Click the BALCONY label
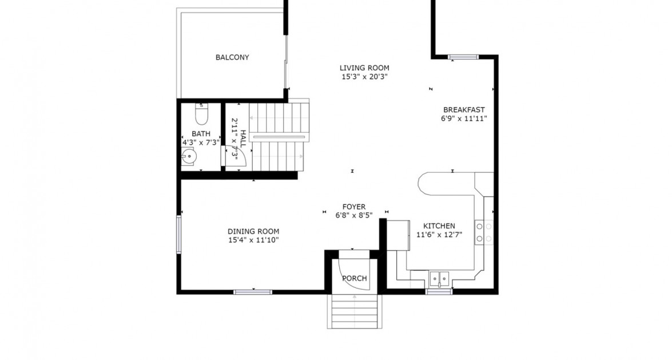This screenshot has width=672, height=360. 232,57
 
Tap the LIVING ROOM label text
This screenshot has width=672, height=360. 364,68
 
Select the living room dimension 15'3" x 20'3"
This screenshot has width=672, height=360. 364,77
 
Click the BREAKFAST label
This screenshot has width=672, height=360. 464,110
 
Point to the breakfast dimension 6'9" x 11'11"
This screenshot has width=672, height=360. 464,119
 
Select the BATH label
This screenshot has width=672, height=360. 201,134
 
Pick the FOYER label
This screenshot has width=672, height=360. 353,207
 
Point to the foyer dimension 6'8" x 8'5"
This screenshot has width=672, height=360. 353,216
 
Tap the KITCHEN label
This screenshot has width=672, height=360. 439,226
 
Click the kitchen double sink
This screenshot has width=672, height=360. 439,279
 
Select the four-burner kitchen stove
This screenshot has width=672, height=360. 484,232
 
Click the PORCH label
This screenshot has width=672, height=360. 354,279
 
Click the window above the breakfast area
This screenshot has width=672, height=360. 463,57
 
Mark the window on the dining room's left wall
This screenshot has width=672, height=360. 178,234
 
